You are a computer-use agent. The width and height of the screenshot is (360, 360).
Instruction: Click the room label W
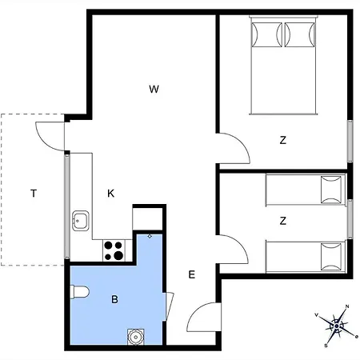pyautogui.click(x=154, y=89)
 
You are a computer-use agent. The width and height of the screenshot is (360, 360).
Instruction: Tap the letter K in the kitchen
pyautogui.click(x=110, y=193)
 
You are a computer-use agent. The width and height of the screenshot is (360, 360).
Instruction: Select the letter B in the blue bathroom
pyautogui.click(x=114, y=299)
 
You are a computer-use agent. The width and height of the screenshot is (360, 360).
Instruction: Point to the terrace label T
pyautogui.click(x=34, y=193)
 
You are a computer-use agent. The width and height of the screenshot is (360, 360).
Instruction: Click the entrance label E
pyautogui.click(x=192, y=274)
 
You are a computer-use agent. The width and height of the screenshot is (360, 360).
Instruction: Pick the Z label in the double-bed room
pyautogui.click(x=283, y=140)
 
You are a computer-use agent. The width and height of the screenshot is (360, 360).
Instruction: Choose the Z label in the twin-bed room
pyautogui.click(x=283, y=221)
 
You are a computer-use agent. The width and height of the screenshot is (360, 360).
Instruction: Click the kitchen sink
pyautogui.click(x=80, y=221)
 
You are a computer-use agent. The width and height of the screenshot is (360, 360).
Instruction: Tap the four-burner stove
pyautogui.click(x=114, y=250)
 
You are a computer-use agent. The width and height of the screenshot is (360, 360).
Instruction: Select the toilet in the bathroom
pyautogui.click(x=79, y=292)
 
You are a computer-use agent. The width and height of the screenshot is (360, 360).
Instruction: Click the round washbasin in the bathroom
pyautogui.click(x=136, y=337)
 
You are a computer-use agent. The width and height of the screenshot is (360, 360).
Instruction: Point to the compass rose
pyautogui.click(x=337, y=326)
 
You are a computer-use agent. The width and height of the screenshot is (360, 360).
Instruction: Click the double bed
pyautogui.click(x=283, y=66)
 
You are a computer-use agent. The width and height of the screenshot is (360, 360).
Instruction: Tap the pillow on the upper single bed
pyautogui.click(x=331, y=190)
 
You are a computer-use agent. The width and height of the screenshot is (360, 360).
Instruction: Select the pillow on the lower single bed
pyautogui.click(x=331, y=257)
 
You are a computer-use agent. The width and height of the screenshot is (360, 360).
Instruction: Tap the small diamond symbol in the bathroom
pyautogui.click(x=150, y=236)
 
